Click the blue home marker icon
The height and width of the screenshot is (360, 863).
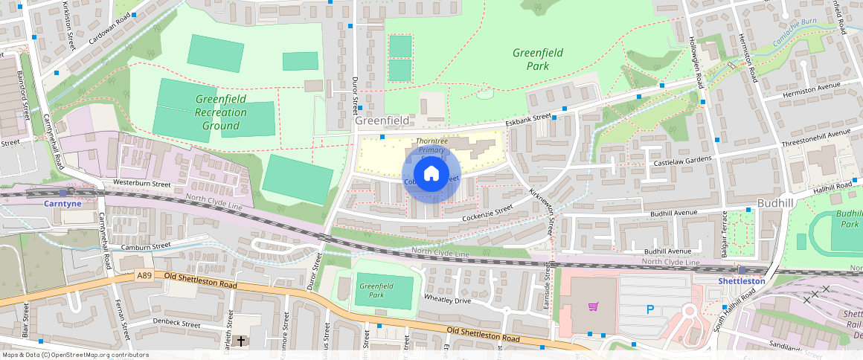click(431, 174)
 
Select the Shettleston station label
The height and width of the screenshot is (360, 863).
click(741, 281)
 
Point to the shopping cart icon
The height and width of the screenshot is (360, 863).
click(593, 306)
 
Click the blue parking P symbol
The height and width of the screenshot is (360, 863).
click(649, 309)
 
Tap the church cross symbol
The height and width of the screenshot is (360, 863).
click(240, 341)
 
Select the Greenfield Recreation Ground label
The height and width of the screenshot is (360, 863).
click(220, 112)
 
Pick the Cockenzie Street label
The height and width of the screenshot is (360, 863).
click(487, 211)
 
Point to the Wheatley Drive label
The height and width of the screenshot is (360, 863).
click(447, 300)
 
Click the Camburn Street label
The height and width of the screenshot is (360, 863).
click(146, 245)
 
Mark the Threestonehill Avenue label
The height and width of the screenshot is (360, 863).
click(815, 138)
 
